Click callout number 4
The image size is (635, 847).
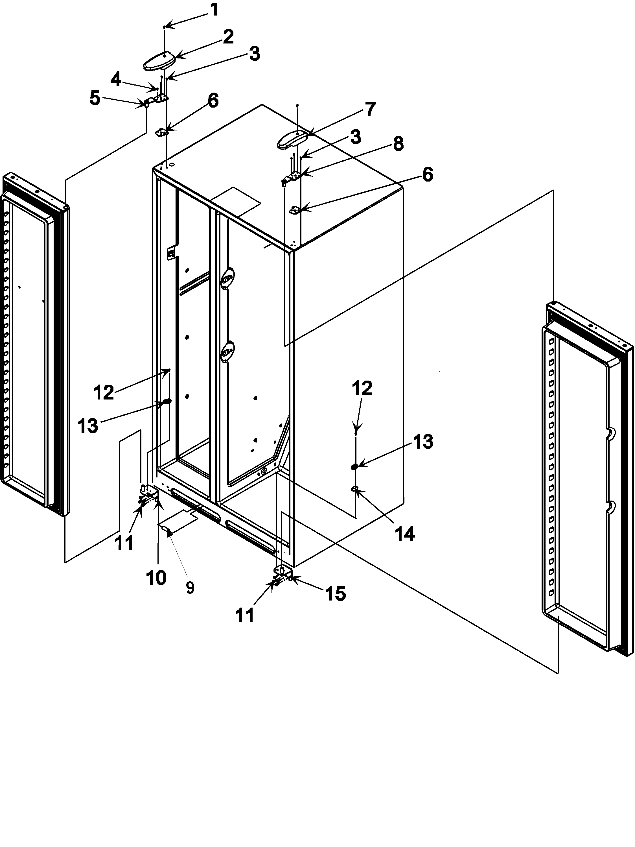tap(116, 80)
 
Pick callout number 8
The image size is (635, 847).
tap(398, 144)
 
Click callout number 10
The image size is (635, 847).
tap(156, 577)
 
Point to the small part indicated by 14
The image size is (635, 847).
tap(354, 488)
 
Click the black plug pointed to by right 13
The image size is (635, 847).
tap(354, 466)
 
